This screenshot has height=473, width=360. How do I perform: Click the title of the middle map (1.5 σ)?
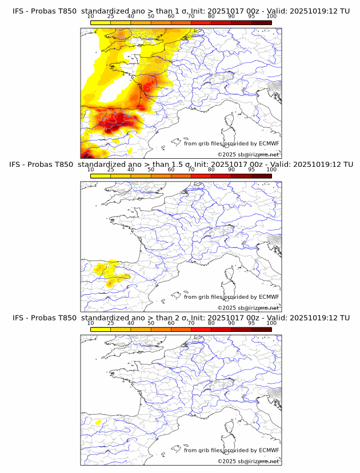(x=181, y=165)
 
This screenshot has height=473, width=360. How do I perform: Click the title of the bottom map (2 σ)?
(x=181, y=318)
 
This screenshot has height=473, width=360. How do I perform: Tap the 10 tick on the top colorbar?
(x=91, y=16)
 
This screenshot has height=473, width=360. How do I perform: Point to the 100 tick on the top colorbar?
(x=271, y=16)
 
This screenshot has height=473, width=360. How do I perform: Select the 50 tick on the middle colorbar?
(x=151, y=170)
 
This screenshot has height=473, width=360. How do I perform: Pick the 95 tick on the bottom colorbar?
(x=251, y=323)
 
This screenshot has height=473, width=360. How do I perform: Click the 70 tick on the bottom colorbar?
(x=191, y=323)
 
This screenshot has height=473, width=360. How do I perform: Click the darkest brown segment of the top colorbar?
(x=261, y=22)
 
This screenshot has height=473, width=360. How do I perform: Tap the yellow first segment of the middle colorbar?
(x=101, y=176)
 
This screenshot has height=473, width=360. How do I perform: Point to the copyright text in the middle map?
(x=249, y=307)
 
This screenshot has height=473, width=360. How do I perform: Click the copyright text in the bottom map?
(x=249, y=461)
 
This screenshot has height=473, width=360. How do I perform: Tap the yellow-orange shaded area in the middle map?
(x=109, y=272)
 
